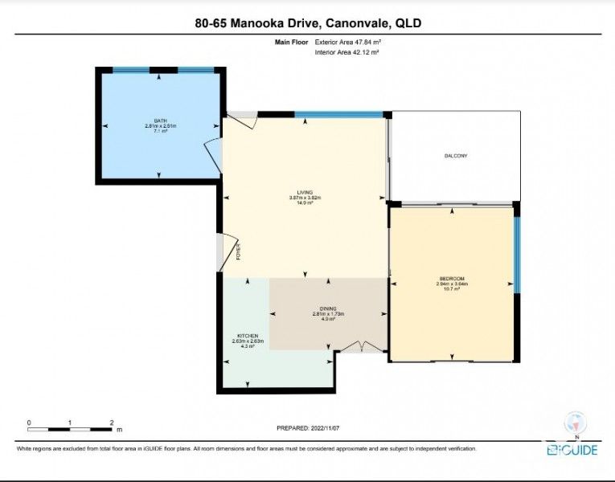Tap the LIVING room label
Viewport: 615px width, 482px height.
[305, 192]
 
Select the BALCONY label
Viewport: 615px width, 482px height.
[456, 155]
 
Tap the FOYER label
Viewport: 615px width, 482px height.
[239, 252]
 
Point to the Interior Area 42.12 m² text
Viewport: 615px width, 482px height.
[346, 51]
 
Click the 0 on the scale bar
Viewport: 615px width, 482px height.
[29, 422]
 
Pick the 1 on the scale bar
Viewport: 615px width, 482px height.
[70, 422]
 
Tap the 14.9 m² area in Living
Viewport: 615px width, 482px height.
[305, 203]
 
